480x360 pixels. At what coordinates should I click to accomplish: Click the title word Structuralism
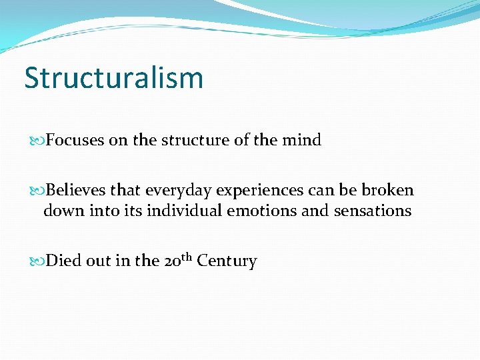point(113,78)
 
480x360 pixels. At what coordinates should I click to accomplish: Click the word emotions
point(260,211)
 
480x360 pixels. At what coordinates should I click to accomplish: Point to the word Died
point(64,261)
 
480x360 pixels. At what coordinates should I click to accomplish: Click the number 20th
point(177,259)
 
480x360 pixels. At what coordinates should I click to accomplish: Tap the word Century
point(227,261)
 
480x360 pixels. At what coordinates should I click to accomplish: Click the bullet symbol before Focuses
point(39,141)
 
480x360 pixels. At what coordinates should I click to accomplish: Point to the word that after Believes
point(125,191)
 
